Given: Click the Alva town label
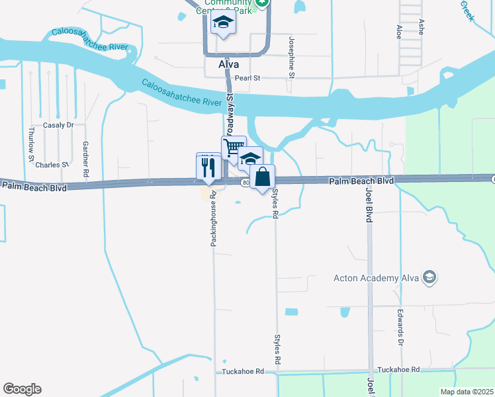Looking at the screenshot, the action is click(x=228, y=65).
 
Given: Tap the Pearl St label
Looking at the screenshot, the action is click(x=249, y=78).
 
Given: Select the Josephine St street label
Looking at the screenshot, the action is click(x=291, y=57).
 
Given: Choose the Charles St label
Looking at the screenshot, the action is click(x=52, y=165).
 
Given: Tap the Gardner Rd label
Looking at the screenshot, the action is click(x=85, y=157).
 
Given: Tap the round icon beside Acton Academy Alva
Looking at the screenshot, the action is click(x=430, y=277).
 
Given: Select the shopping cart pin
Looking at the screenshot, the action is click(x=233, y=148).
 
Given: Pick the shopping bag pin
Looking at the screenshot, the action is click(x=262, y=177).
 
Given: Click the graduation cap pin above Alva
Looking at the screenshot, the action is click(x=224, y=23).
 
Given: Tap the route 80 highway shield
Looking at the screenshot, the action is click(x=245, y=183).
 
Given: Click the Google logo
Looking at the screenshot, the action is click(x=22, y=389).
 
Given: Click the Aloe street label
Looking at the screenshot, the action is click(x=399, y=32).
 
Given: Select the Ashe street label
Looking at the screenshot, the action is click(x=421, y=26).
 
